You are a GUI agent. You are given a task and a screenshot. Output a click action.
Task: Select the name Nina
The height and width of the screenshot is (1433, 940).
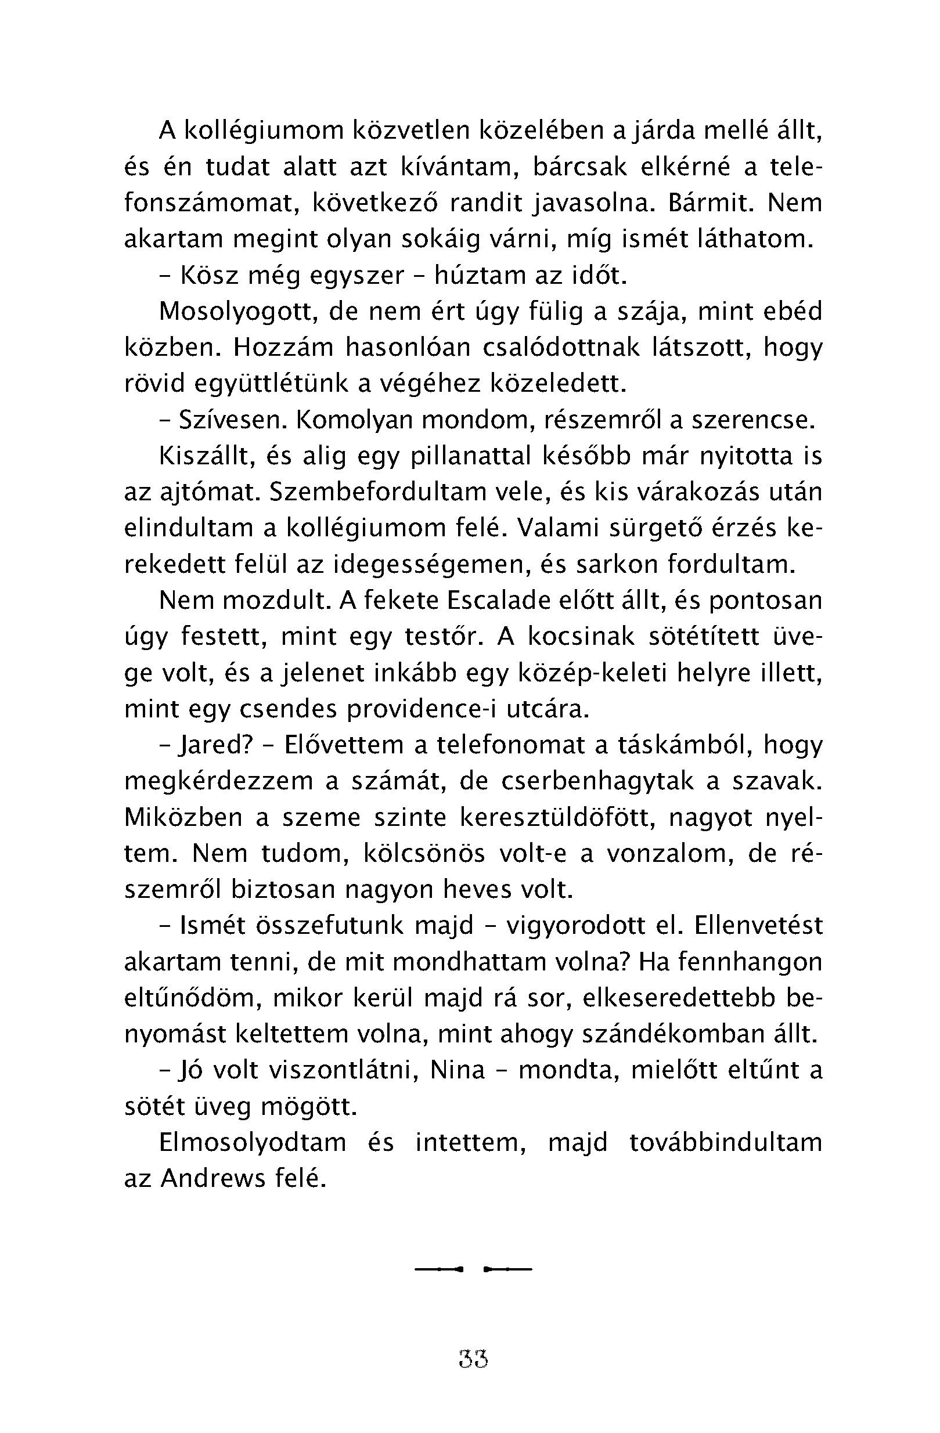pyautogui.click(x=458, y=1070)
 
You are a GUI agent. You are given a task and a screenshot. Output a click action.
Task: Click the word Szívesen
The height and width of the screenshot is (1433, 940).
pyautogui.click(x=233, y=420)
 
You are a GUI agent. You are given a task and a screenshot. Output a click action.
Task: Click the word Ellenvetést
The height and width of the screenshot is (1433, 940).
pyautogui.click(x=758, y=926)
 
